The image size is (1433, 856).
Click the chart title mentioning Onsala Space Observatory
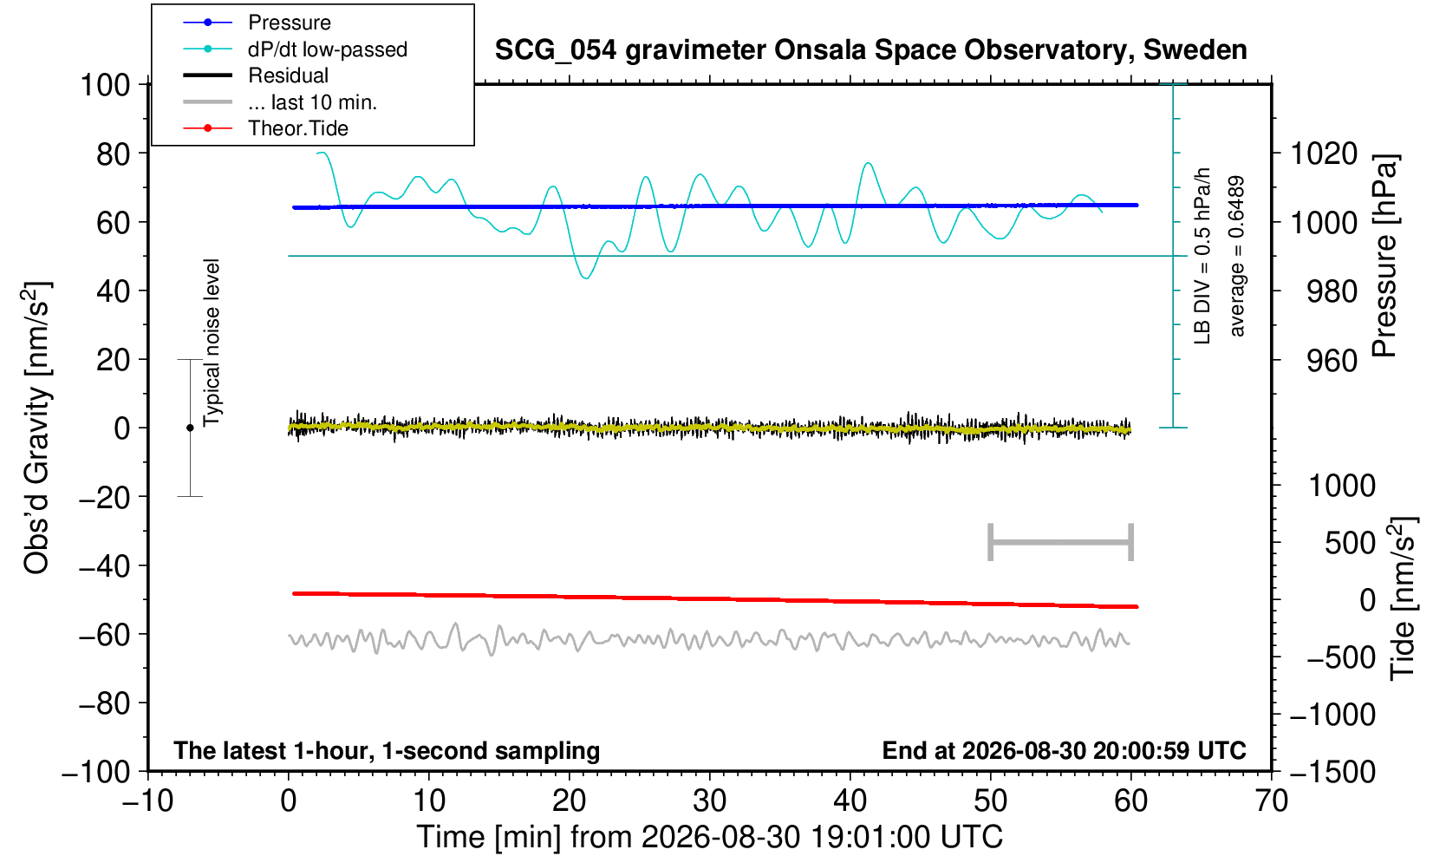870,50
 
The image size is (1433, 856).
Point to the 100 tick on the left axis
105,85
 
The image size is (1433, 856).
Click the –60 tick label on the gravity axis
104,635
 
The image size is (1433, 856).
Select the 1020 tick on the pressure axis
1324,154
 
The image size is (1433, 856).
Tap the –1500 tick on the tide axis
1332,772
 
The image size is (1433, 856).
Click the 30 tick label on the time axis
709,800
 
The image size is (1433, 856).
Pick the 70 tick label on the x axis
1271,800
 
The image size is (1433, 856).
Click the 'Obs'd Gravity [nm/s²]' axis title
37,428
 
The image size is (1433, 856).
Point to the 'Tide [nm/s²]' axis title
1403,599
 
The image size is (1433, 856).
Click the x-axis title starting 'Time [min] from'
709,837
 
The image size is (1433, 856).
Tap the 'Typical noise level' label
212,343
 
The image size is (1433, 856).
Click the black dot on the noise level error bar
190,428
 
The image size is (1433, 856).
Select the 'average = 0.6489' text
1237,256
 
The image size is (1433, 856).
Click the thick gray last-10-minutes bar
1061,542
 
